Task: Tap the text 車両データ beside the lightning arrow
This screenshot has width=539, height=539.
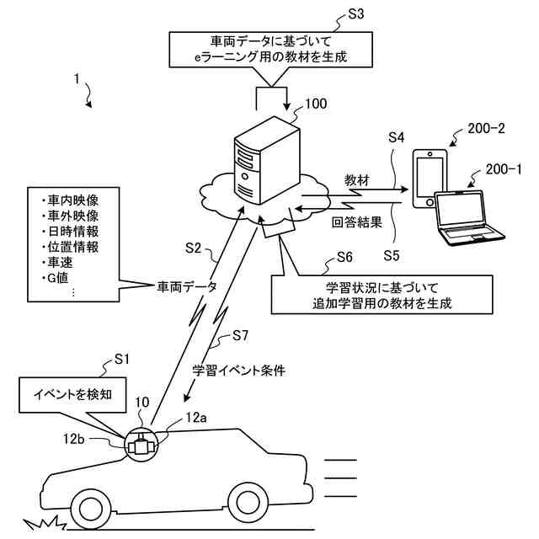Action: click(x=186, y=286)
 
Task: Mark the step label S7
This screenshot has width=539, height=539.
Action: click(x=240, y=336)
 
